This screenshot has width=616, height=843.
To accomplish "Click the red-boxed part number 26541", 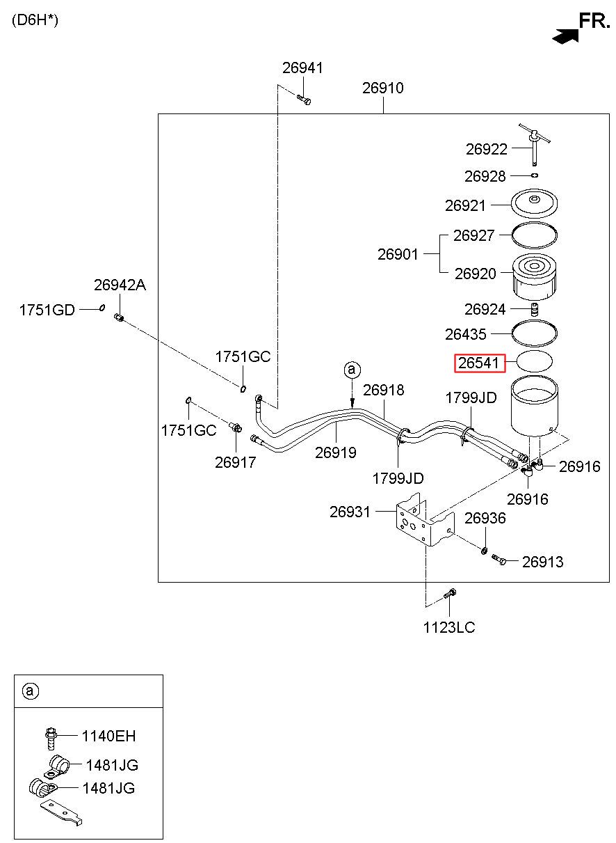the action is [478, 363].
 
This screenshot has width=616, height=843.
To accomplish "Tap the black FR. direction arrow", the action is [565, 36].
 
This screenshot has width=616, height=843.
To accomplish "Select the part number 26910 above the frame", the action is [383, 88].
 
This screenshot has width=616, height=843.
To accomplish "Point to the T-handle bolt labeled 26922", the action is [535, 143].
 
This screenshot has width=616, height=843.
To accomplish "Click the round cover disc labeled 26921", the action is [534, 203].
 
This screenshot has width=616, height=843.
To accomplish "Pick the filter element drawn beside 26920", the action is [535, 277].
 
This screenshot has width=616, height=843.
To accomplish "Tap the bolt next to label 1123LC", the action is [449, 594].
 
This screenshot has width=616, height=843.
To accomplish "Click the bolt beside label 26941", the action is [304, 100].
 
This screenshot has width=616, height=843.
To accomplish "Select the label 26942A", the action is [120, 285].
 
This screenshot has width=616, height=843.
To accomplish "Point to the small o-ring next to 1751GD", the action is [102, 308].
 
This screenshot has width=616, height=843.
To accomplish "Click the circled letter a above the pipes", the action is [352, 370].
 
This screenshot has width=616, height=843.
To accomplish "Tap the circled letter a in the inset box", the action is [31, 691].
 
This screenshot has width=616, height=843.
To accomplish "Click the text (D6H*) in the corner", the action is [35, 19].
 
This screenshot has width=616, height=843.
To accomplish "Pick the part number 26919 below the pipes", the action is [336, 452].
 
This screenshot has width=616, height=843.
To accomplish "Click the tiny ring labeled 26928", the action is [535, 175].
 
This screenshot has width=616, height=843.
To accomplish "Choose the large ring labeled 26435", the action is [534, 333].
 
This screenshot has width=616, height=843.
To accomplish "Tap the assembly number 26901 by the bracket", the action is [398, 254].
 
